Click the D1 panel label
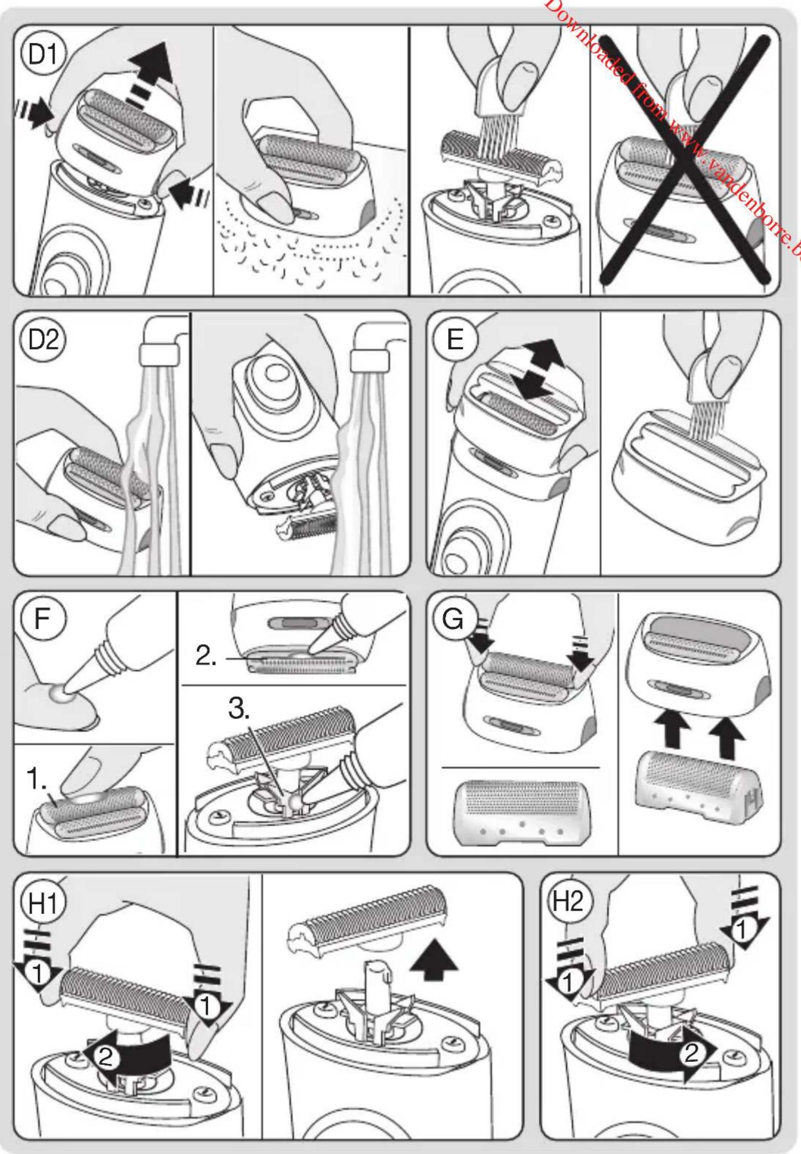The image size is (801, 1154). click(43, 55)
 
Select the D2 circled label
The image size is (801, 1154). click(43, 340)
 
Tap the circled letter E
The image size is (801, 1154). click(455, 340)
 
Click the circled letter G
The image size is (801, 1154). click(453, 619)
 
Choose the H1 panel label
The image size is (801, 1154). click(43, 904)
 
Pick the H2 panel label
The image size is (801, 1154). click(568, 902)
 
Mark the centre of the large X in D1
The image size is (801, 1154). click(685, 158)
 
